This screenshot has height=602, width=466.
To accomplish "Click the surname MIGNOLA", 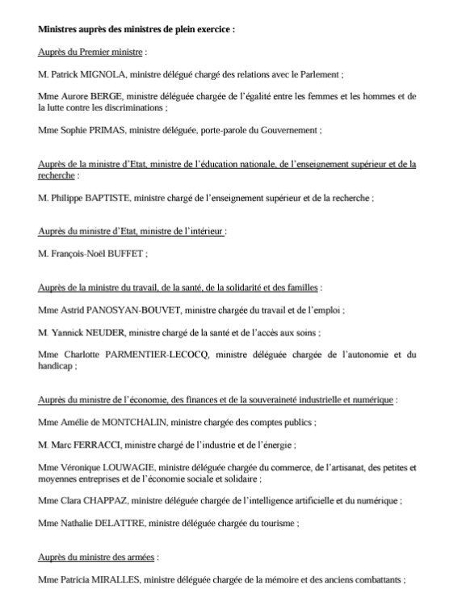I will tap(101, 74).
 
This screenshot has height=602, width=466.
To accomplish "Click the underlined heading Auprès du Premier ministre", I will tap(90, 52).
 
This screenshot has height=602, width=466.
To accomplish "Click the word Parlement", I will tap(317, 74).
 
